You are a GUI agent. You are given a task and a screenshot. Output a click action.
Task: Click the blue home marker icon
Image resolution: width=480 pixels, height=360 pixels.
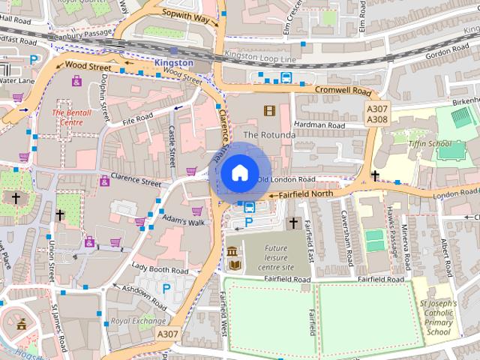[x=239, y=172]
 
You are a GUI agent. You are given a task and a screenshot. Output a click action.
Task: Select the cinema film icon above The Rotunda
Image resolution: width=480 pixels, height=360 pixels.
[x=269, y=111]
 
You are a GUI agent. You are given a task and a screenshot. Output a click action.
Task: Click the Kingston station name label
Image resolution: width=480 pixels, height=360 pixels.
[x=174, y=63]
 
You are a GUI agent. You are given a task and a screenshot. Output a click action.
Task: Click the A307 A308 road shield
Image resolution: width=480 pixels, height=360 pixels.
[x=377, y=114]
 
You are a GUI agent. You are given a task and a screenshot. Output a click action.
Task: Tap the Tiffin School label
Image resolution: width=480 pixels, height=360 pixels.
[x=429, y=142]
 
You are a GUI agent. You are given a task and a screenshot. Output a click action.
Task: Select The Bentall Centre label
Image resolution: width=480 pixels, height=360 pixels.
[x=72, y=116]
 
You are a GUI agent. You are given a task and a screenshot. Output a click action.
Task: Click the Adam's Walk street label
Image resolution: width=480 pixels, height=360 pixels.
[x=184, y=222]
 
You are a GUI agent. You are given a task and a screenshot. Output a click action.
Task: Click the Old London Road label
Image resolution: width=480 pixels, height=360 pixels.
[x=285, y=180]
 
